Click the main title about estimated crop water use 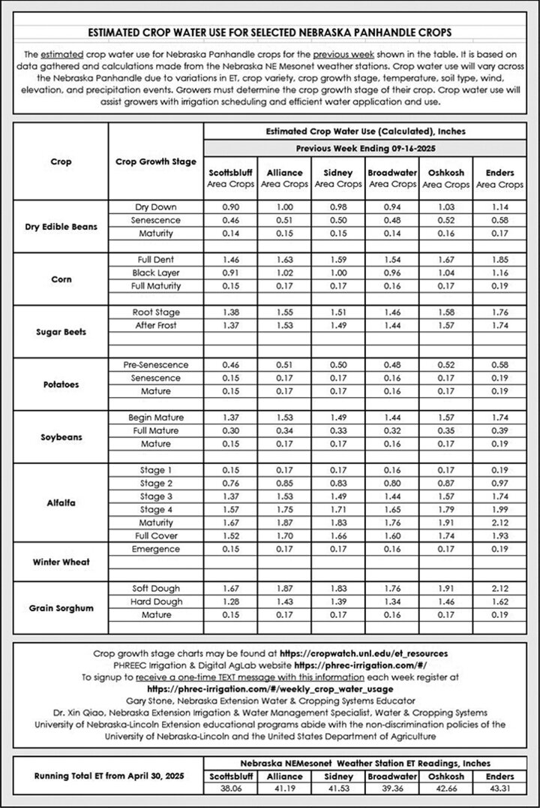coord(270,33)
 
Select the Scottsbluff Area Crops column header coord(229,178)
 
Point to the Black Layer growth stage coord(156,272)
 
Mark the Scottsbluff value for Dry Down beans coord(229,207)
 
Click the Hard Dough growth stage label coord(156,601)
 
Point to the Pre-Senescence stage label coord(156,365)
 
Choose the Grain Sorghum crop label coord(61,608)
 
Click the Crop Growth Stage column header coord(156,162)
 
